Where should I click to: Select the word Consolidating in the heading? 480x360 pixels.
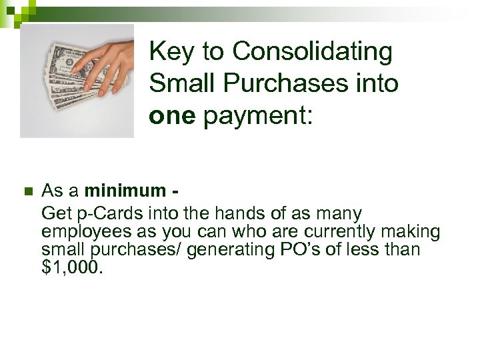point(313,51)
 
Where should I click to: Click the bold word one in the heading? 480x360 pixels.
point(172,115)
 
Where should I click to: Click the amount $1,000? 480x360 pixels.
point(73,267)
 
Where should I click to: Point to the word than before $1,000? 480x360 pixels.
point(404,249)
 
